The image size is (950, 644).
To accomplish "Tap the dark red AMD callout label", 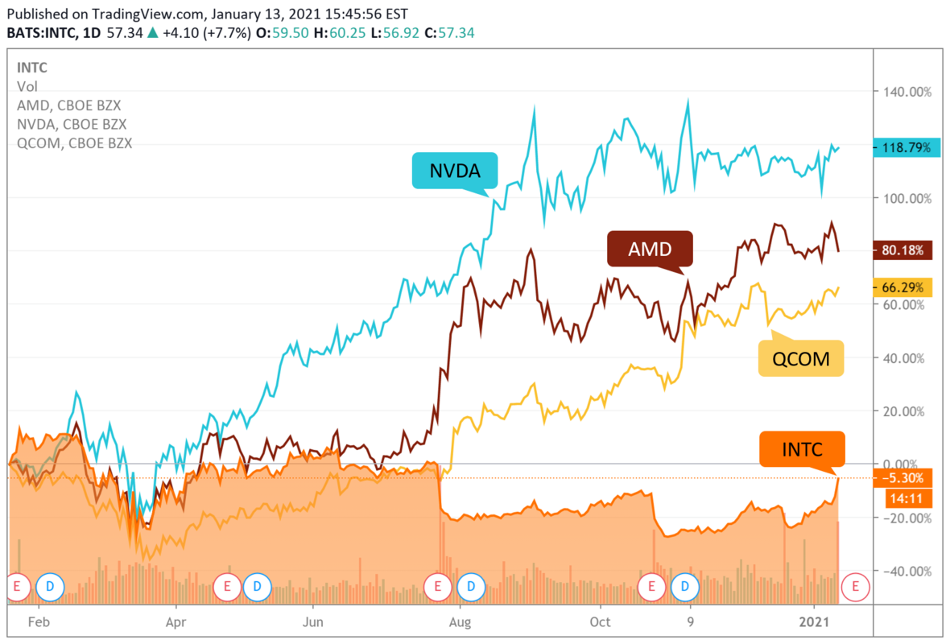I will (x=650, y=250).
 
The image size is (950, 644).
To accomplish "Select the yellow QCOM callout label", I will (x=800, y=358).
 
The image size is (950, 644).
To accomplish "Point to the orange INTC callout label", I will (x=802, y=449).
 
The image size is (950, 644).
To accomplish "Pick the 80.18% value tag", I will (x=902, y=250).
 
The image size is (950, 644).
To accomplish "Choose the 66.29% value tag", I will (x=902, y=287).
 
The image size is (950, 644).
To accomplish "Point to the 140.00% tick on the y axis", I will (x=907, y=92).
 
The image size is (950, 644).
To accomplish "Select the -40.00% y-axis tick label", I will (x=907, y=571).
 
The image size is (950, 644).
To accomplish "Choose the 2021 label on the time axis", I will (x=815, y=621).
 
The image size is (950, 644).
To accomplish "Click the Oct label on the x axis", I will (x=600, y=621).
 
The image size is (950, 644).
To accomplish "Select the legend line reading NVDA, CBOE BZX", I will (x=72, y=125).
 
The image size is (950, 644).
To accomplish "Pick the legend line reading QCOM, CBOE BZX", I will (x=74, y=143).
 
